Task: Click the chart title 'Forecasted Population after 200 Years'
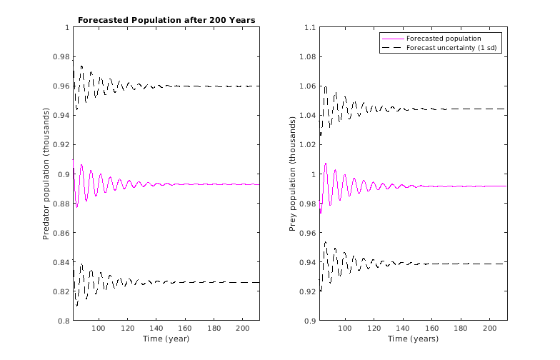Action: click(166, 19)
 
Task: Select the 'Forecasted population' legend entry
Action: click(443, 39)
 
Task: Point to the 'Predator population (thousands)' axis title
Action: click(46, 174)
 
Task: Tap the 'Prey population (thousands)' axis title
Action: click(292, 174)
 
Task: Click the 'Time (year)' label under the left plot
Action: click(166, 339)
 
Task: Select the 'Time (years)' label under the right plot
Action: click(413, 339)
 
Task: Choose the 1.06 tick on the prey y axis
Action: click(308, 86)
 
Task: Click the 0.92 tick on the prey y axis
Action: click(308, 291)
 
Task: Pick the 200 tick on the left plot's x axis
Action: click(242, 328)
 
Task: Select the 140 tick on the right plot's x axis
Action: click(403, 328)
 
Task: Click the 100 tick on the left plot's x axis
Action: click(99, 328)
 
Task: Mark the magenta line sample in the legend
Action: click(392, 39)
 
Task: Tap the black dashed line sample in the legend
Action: click(392, 48)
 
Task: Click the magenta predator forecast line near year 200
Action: click(242, 184)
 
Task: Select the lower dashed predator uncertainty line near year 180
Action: click(214, 283)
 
